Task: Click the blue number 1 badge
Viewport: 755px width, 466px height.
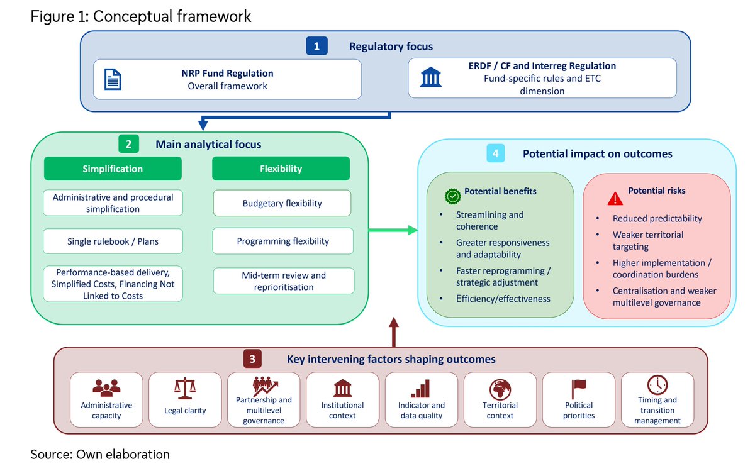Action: click(316, 46)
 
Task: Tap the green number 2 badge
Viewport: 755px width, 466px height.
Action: click(128, 144)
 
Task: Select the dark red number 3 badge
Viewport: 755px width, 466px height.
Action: click(252, 359)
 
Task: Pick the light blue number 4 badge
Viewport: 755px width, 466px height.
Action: click(496, 153)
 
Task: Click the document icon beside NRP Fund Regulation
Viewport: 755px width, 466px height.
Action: click(113, 79)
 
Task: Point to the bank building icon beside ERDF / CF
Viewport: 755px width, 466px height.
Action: click(431, 77)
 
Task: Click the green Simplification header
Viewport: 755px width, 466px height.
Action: click(113, 169)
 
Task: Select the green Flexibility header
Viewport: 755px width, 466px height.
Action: click(281, 169)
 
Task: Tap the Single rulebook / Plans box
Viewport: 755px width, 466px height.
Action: click(113, 241)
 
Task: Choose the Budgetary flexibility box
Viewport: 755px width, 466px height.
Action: click(282, 203)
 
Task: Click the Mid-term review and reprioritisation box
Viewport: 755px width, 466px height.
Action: click(284, 280)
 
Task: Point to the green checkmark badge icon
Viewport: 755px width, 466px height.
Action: click(452, 196)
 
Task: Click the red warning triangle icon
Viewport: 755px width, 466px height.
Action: click(615, 199)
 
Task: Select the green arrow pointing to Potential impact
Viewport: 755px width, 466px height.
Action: click(393, 230)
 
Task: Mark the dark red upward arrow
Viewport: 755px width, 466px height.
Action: click(394, 332)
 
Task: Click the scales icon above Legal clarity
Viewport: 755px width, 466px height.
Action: click(185, 388)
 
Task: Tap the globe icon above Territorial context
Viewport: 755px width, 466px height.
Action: click(500, 389)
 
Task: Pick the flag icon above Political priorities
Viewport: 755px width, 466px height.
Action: click(579, 389)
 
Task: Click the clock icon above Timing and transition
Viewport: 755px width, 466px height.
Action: click(657, 384)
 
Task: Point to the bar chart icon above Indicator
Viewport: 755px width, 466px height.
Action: click(421, 389)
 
